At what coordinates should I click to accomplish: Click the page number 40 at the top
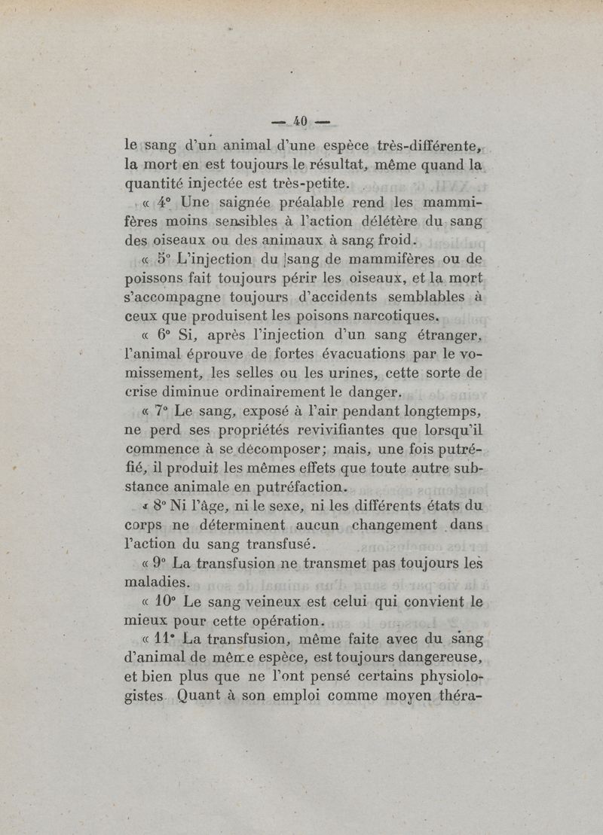(x=301, y=120)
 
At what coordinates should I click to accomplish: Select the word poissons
(x=156, y=280)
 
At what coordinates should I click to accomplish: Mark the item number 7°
(x=159, y=412)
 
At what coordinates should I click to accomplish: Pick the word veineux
(x=264, y=602)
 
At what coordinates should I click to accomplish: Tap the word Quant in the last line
(x=197, y=696)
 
